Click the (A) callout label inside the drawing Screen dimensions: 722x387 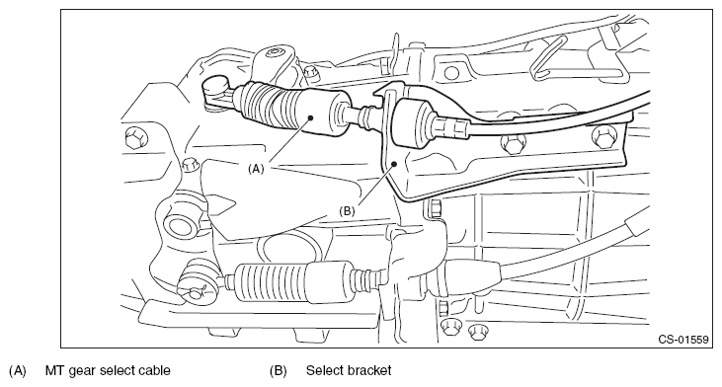pyautogui.click(x=256, y=169)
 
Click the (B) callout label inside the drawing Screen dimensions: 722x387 pyautogui.click(x=347, y=211)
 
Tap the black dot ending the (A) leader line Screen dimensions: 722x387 pyautogui.click(x=311, y=117)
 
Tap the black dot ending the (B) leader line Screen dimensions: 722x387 pyautogui.click(x=394, y=163)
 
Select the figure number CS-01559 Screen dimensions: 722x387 pyautogui.click(x=683, y=340)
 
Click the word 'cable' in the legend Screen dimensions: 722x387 pyautogui.click(x=155, y=370)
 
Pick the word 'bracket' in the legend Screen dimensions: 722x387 pyautogui.click(x=369, y=370)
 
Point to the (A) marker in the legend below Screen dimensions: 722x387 pyautogui.click(x=18, y=370)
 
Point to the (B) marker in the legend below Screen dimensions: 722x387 pyautogui.click(x=279, y=370)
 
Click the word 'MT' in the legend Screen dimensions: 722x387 pyautogui.click(x=54, y=370)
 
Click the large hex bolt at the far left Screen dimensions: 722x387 pyautogui.click(x=136, y=137)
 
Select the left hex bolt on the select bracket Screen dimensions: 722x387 pyautogui.click(x=512, y=144)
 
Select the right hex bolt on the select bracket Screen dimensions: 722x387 pyautogui.click(x=603, y=137)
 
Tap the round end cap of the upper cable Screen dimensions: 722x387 pyautogui.click(x=215, y=85)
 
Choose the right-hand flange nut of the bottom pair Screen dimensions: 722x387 pyautogui.click(x=477, y=332)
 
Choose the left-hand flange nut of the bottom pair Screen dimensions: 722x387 pyautogui.click(x=450, y=329)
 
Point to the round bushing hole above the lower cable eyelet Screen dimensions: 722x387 pyautogui.click(x=181, y=227)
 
